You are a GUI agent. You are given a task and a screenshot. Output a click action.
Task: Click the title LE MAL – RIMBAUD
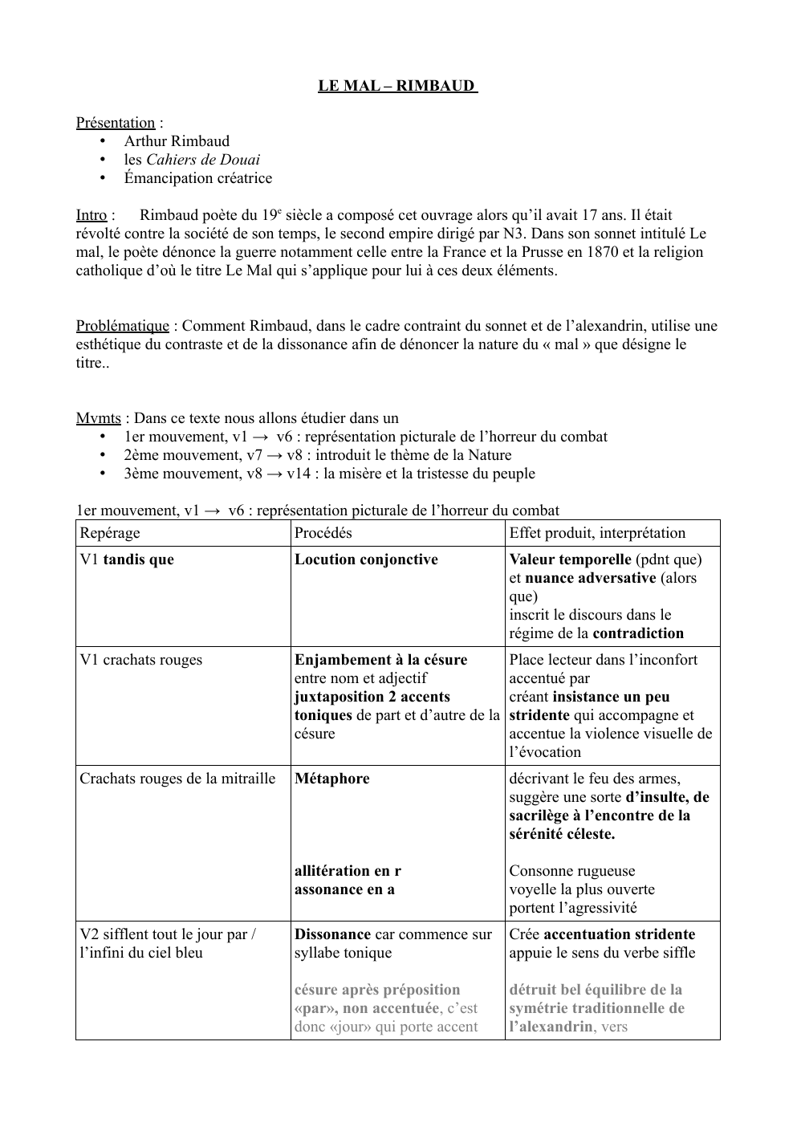coord(397,85)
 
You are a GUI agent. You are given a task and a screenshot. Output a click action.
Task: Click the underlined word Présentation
coord(116,123)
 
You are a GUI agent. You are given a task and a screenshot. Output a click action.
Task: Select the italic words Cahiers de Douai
coord(203,160)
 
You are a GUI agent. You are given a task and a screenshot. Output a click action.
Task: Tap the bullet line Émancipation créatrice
coord(197,178)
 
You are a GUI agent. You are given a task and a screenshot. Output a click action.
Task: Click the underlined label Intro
coord(91,215)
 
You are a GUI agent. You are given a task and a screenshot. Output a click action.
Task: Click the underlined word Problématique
coord(123,326)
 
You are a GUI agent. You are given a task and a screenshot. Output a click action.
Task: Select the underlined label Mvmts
coord(98,418)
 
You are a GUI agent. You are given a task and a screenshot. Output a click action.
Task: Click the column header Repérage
coord(109,533)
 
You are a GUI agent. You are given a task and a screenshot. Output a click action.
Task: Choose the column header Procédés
coord(323,533)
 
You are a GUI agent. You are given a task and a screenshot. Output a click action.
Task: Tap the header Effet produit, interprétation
coord(597,533)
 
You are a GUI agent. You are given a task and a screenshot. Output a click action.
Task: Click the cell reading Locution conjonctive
coord(366,559)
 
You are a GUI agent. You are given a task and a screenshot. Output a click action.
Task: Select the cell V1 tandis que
coord(127,559)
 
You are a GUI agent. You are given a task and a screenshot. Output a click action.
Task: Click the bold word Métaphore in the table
coord(332,779)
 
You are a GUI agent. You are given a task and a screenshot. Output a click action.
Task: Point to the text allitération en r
coord(348,871)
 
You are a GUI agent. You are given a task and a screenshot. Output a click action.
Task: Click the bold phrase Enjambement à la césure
coord(380,660)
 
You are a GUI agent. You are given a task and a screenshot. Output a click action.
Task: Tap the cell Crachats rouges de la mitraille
coord(177,779)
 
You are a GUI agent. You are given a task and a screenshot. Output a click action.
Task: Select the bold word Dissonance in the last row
coord(332,934)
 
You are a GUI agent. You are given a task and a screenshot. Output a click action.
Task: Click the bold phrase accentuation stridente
coord(619,934)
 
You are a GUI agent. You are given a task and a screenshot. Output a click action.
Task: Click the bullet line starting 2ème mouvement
coord(317,455)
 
